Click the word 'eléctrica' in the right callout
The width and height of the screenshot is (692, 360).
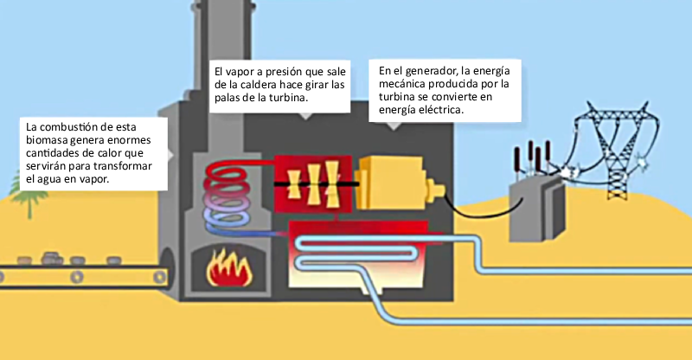coord(435,111)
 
